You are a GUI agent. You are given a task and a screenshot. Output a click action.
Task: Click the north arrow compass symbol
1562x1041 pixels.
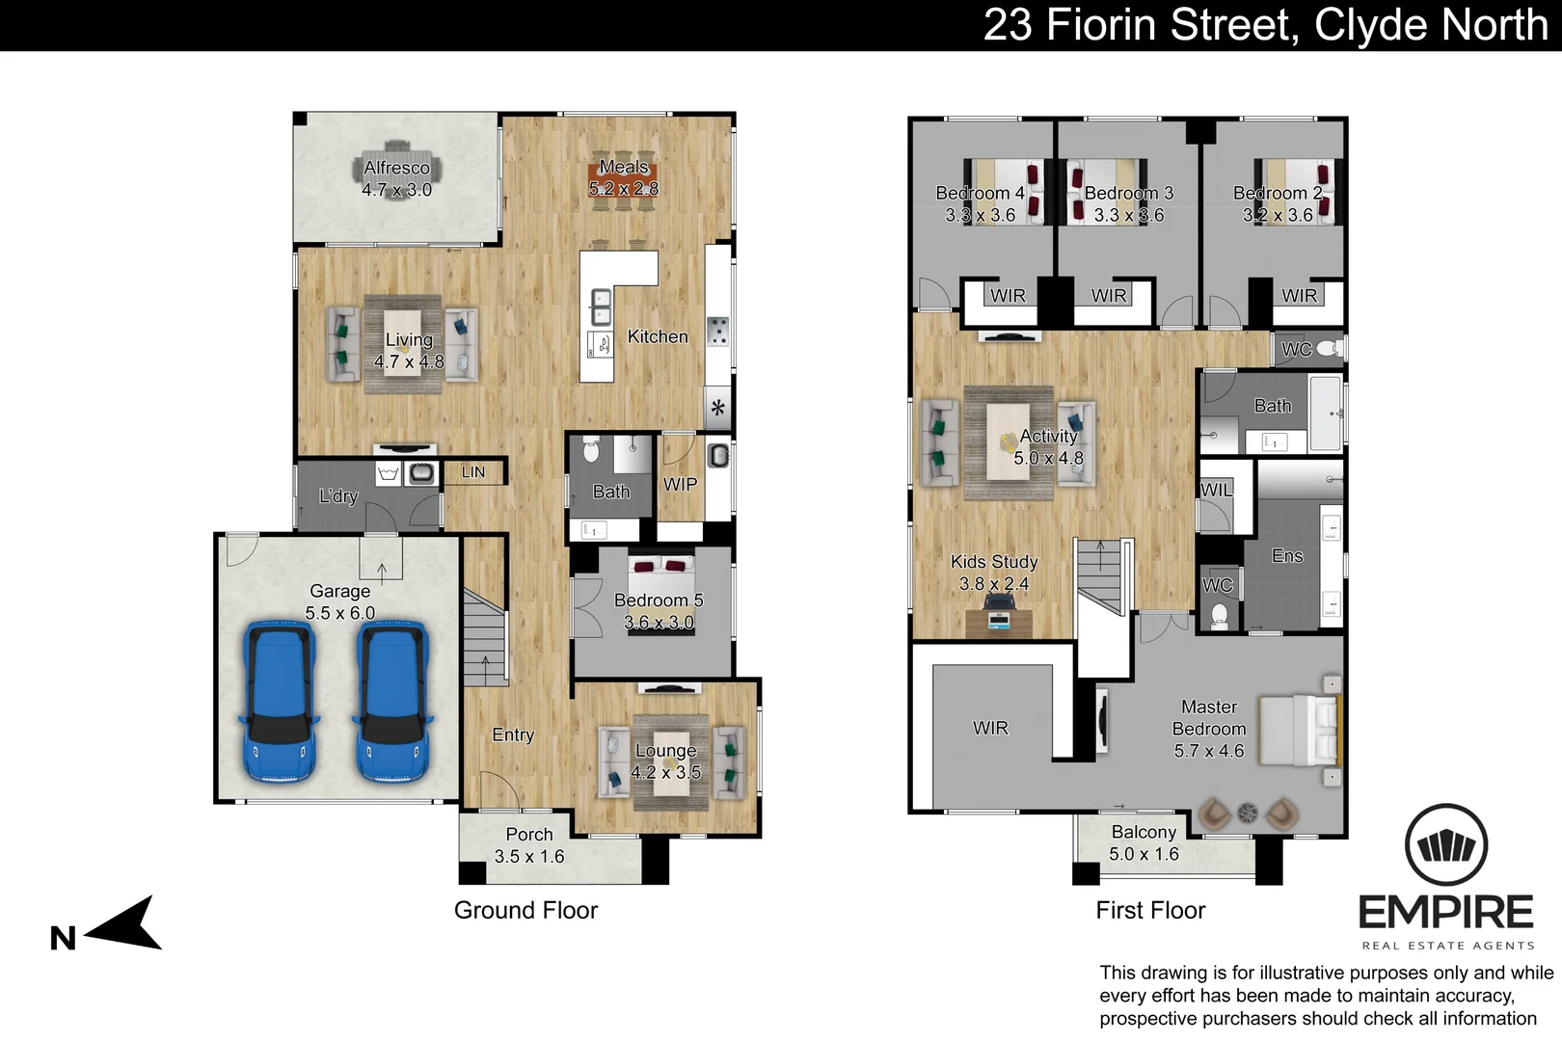[x=125, y=923]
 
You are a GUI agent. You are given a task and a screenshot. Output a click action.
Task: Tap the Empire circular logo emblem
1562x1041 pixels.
[x=1446, y=844]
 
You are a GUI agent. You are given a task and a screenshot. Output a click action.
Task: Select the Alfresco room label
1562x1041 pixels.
[x=397, y=168]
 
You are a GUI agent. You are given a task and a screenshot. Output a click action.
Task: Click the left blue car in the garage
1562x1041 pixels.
[x=280, y=700]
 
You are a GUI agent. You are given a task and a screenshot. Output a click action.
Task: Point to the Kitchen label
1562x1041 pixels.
[x=658, y=336]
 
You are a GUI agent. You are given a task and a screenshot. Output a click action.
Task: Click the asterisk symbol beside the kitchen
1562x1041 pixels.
[x=718, y=408]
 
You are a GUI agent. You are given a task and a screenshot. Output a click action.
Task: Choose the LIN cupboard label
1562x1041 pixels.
[x=472, y=472]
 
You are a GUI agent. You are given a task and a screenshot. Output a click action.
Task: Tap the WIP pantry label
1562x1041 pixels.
[x=680, y=484]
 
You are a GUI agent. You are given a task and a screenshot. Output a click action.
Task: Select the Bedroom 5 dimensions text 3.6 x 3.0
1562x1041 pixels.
[x=659, y=622]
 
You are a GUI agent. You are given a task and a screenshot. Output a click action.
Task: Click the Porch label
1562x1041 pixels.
[x=529, y=834]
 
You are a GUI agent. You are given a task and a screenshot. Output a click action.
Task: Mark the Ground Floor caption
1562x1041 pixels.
[x=525, y=910]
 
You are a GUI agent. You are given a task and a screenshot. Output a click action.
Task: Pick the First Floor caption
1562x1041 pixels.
[x=1150, y=910]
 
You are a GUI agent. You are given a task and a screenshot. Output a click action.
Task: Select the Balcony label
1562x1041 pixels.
[x=1145, y=832]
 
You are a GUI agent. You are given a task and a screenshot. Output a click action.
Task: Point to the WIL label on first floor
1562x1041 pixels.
[x=1216, y=491]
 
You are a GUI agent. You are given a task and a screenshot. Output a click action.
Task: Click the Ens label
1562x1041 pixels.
[x=1287, y=556]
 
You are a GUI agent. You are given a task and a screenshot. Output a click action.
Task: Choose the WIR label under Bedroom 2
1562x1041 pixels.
[x=1300, y=296]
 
